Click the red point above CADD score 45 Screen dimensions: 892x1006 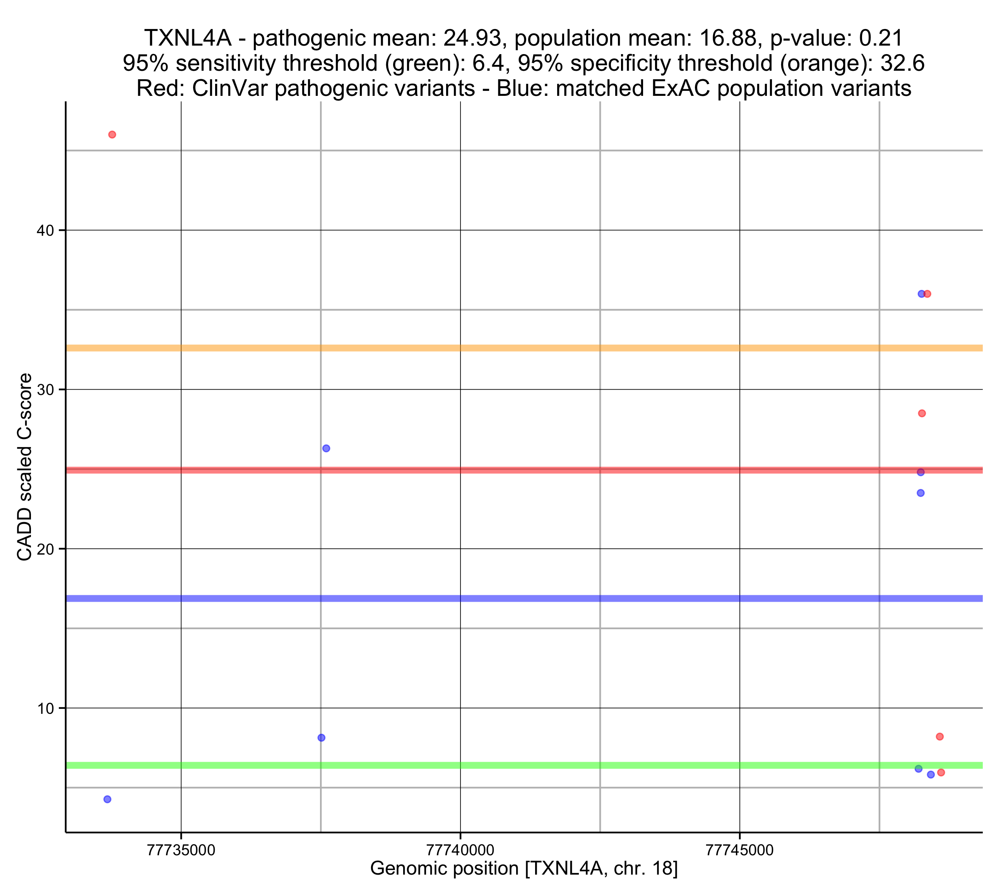coord(112,135)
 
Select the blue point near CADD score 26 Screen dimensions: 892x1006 coord(326,448)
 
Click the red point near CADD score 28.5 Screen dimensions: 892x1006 coord(922,414)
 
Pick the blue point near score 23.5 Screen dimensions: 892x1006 coord(920,493)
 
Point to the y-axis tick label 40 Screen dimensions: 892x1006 coord(45,231)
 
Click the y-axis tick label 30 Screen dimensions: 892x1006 coord(45,390)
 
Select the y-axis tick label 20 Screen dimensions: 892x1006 coord(45,549)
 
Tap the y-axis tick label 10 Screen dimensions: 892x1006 coord(45,708)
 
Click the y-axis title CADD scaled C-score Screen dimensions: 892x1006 coord(25,467)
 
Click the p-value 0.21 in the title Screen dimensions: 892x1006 coord(881,38)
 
